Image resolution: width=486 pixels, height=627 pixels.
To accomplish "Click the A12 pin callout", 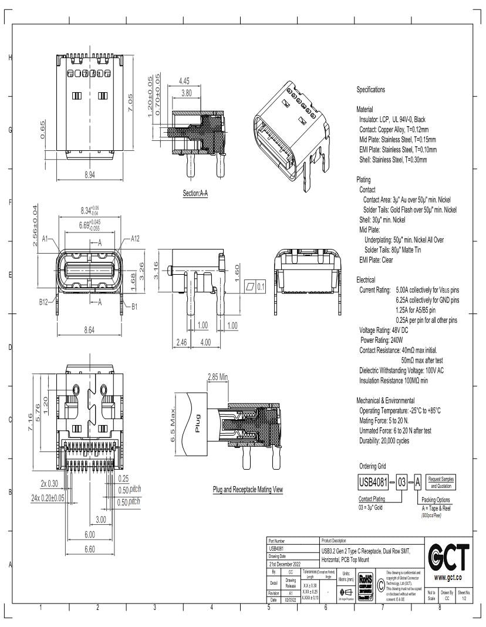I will [136, 238].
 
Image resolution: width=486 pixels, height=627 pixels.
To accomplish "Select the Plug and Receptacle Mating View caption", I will [248, 489].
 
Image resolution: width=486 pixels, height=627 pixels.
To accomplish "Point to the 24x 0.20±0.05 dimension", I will [48, 498].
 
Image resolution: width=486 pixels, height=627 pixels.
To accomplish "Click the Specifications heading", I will [371, 90].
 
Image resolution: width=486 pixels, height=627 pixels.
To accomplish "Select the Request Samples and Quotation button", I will [440, 483].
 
